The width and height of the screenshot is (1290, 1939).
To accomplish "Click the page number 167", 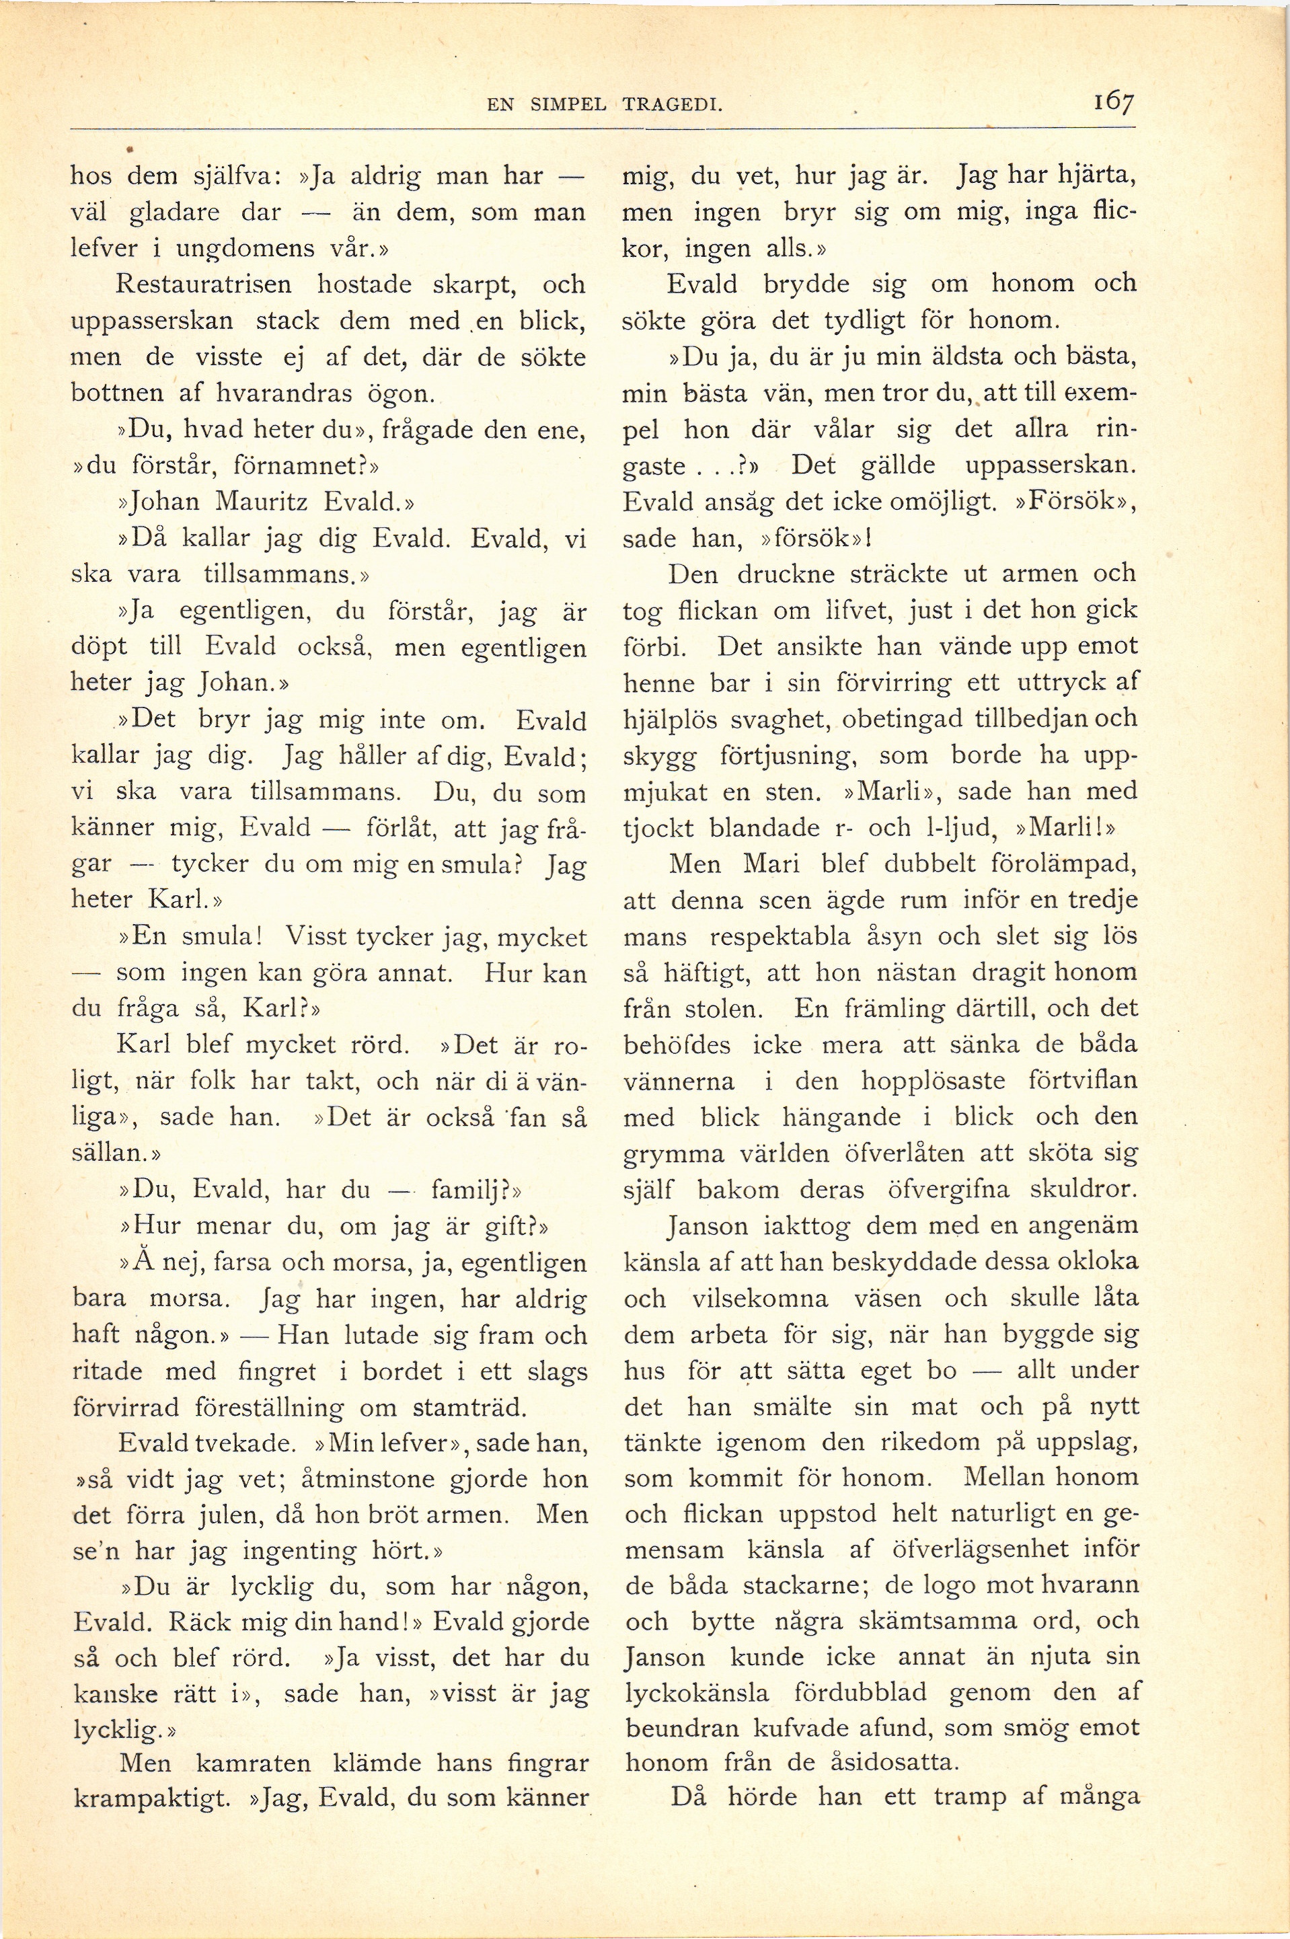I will pos(1114,104).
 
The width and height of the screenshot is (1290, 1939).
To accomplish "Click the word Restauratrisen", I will pos(204,284).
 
